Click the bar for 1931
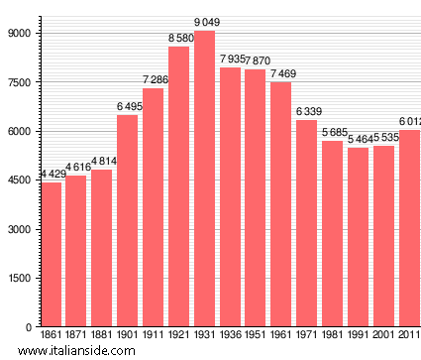[205, 179]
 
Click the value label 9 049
[205, 23]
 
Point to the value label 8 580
[179, 39]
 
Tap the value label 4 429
[53, 175]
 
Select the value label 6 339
[307, 112]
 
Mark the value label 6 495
[129, 107]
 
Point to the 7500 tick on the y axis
[20, 82]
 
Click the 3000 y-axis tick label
[20, 229]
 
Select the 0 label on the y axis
[30, 327]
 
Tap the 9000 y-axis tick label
[20, 34]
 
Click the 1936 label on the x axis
[231, 335]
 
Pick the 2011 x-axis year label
[409, 335]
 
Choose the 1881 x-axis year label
[102, 335]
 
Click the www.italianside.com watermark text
[85, 351]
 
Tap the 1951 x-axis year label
[256, 335]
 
